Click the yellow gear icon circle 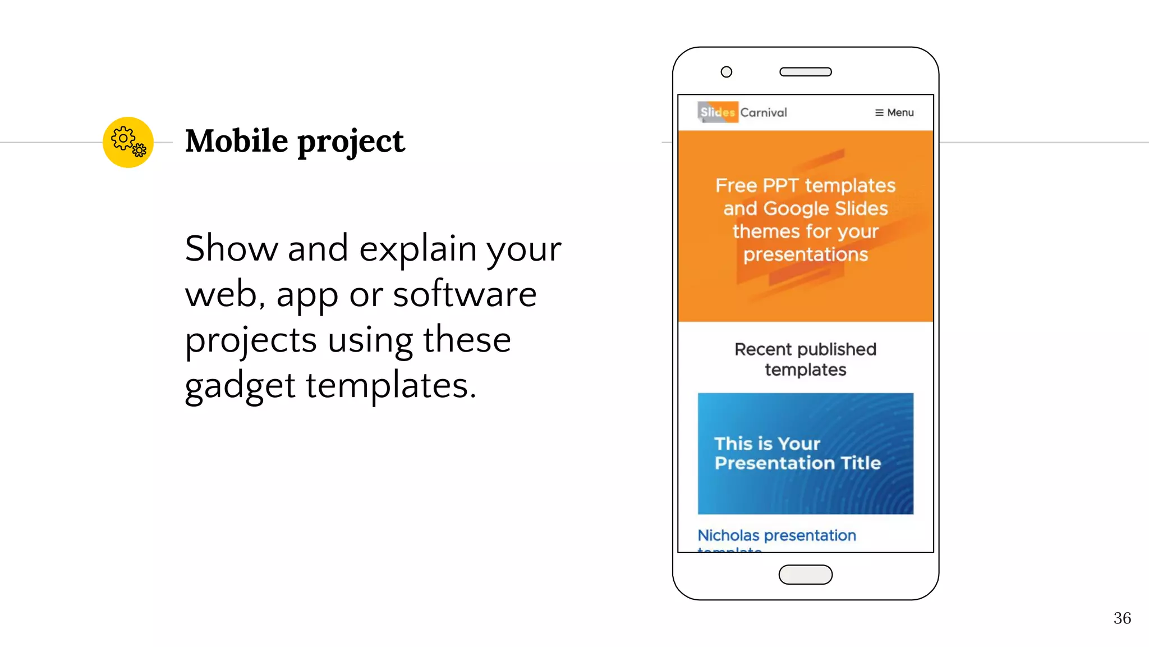[128, 142]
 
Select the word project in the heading [351, 142]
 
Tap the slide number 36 [1122, 618]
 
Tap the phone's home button [805, 575]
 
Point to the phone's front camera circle [726, 72]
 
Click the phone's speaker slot [805, 72]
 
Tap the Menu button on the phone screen [894, 113]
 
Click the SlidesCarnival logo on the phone [743, 112]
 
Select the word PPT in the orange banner [780, 185]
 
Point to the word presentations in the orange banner [806, 255]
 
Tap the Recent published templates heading [805, 359]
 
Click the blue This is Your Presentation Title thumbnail [805, 453]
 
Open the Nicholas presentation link [776, 536]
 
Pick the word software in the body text [465, 294]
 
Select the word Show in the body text [231, 248]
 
